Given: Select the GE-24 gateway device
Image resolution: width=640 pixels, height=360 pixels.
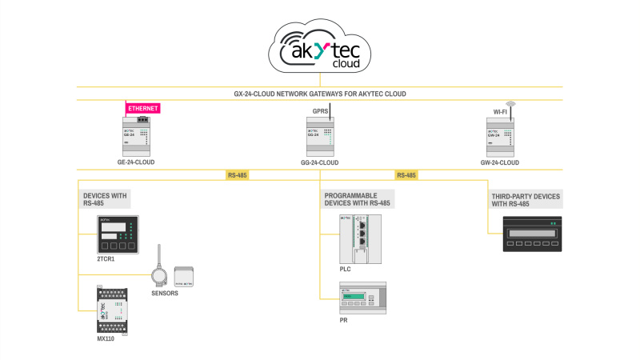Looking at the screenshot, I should (135, 136).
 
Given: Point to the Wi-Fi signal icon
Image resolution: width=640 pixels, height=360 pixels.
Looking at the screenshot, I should (509, 104).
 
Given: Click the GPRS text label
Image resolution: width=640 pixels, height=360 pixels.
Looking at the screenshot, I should (320, 112).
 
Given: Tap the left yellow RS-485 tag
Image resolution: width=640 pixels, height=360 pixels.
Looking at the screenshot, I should (238, 175).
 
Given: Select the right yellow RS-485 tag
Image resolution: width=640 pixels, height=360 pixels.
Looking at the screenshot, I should (406, 175).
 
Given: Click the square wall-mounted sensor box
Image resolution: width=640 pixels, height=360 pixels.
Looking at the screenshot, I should (185, 275).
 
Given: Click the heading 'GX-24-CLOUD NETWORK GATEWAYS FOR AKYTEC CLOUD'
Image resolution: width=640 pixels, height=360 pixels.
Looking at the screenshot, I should (320, 94).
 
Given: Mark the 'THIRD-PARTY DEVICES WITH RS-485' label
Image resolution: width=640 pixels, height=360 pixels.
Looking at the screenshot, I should (525, 200).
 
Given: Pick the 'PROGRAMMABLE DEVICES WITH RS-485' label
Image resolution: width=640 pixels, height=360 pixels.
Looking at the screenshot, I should (357, 199).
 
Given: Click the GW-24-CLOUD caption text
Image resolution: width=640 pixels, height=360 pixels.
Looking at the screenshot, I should (499, 162).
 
